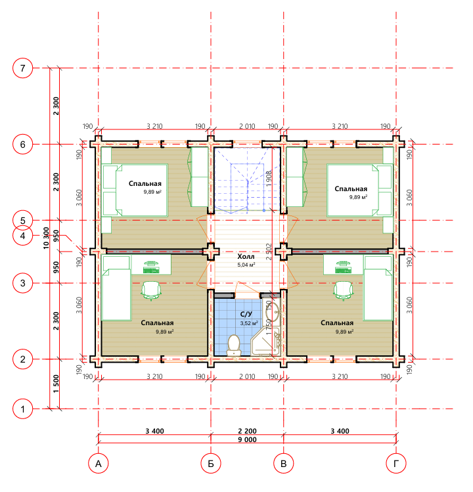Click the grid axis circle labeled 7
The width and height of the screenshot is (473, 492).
(22, 68)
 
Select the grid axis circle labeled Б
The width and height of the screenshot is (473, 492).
(211, 464)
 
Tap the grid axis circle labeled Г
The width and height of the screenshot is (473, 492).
(395, 464)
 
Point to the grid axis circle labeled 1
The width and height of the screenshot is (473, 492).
(22, 409)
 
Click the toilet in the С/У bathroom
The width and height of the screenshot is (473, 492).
(233, 346)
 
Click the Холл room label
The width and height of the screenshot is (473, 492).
(246, 256)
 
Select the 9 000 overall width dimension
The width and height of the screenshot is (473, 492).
(247, 439)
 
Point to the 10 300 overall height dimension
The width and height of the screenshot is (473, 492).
(46, 238)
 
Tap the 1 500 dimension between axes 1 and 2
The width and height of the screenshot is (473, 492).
(56, 384)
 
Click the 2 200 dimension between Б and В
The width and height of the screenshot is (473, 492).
(247, 431)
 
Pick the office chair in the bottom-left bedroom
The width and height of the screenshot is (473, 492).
(151, 291)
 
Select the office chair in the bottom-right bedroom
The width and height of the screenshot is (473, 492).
(344, 291)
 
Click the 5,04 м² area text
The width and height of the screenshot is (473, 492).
(246, 265)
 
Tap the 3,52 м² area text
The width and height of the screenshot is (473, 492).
(249, 323)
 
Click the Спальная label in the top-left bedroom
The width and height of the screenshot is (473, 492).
(145, 183)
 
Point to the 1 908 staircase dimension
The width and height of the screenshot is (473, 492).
(269, 179)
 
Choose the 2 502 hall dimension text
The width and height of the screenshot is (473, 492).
(269, 252)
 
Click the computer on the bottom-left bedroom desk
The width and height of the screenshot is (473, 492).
(151, 267)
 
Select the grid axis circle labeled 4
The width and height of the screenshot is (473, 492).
(22, 236)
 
